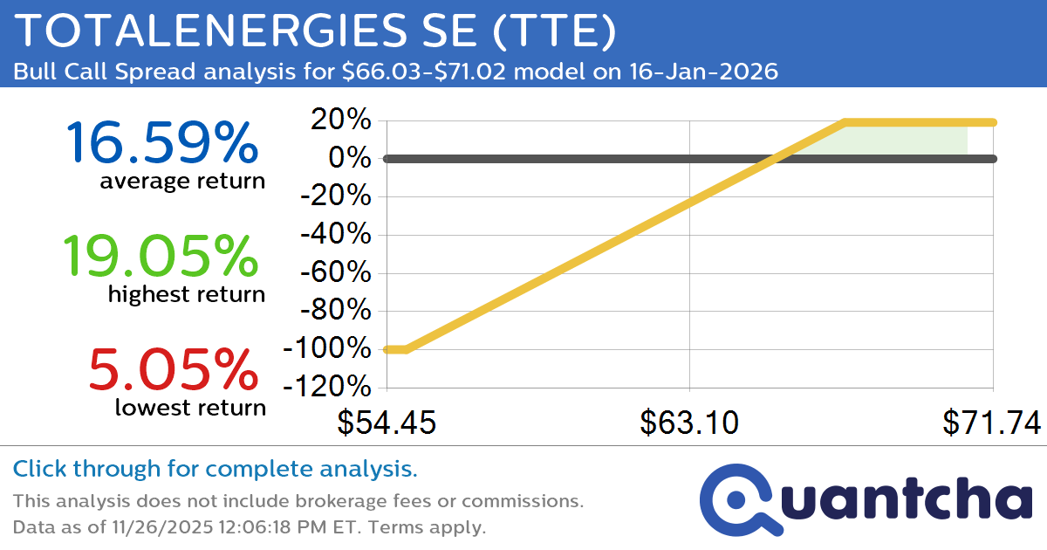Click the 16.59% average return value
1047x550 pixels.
pos(161,142)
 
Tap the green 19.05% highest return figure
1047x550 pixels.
pos(161,256)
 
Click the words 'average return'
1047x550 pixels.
pos(181,182)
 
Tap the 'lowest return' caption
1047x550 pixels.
pos(189,408)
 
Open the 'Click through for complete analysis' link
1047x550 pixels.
pos(215,470)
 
